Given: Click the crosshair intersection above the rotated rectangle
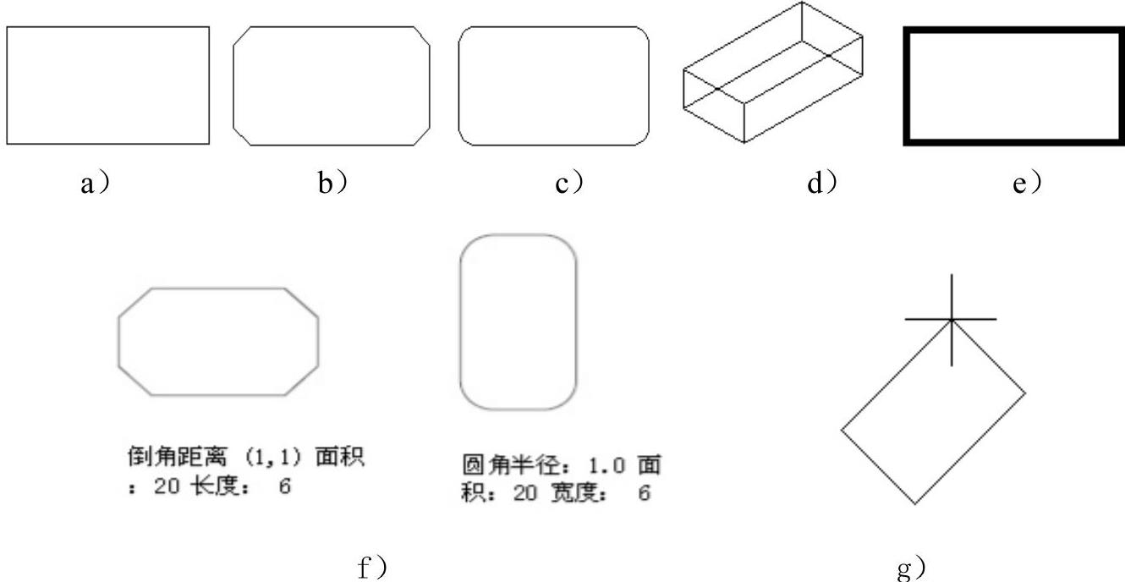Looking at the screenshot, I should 952,320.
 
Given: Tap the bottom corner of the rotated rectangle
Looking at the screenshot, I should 915,504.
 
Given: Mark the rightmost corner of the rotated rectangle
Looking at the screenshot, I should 1026,393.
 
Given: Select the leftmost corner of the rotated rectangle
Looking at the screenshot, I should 842,430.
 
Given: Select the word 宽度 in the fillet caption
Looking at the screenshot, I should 578,493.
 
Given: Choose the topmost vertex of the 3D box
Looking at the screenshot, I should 802,3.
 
